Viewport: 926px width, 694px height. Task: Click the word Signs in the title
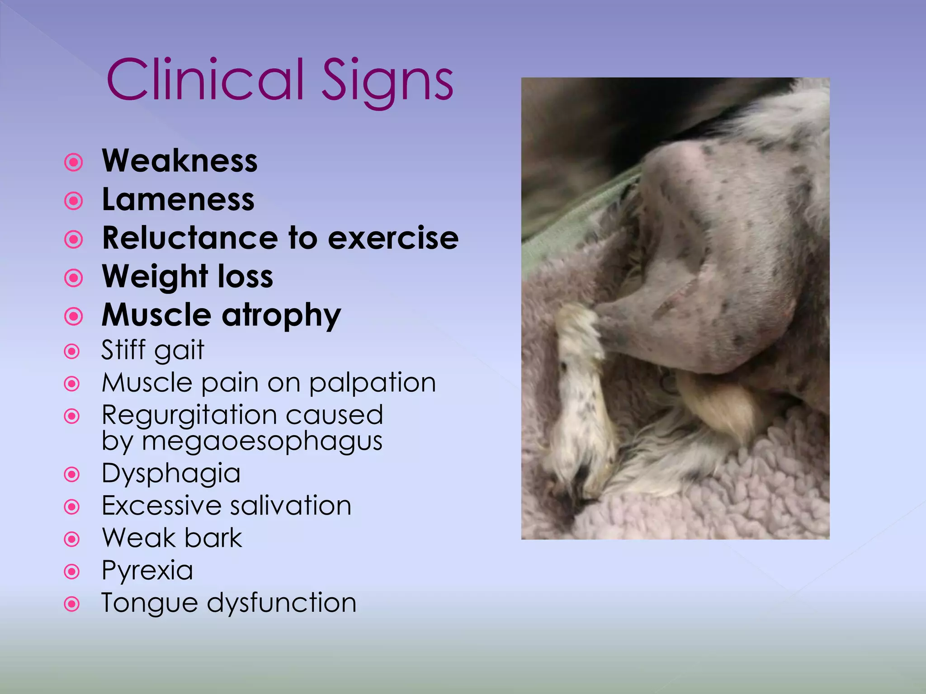pyautogui.click(x=387, y=81)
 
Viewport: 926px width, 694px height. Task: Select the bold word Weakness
pyautogui.click(x=180, y=161)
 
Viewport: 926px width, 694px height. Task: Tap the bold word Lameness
pyautogui.click(x=178, y=199)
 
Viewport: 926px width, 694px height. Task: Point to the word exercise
pyautogui.click(x=393, y=238)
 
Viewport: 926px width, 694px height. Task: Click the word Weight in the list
pyautogui.click(x=155, y=277)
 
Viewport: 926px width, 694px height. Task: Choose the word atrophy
pyautogui.click(x=282, y=315)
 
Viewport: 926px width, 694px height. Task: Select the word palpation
pyautogui.click(x=373, y=383)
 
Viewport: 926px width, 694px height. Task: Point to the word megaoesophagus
pyautogui.click(x=262, y=441)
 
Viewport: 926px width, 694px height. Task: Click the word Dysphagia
pyautogui.click(x=171, y=474)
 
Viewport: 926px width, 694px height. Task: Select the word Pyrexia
pyautogui.click(x=147, y=571)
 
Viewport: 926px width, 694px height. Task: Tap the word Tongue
pyautogui.click(x=150, y=603)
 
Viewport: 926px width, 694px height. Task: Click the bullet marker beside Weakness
pyautogui.click(x=73, y=162)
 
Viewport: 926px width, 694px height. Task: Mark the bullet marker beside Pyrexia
pyautogui.click(x=72, y=572)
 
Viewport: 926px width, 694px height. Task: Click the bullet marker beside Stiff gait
pyautogui.click(x=72, y=352)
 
